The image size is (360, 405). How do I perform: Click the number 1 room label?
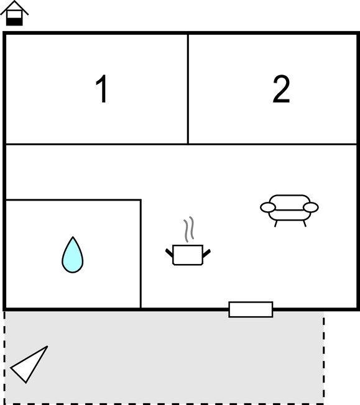pos(102,89)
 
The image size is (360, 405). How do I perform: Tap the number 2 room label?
pos(282,89)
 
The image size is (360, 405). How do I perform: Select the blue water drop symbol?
pos(73,255)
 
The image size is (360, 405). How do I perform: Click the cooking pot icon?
pos(188,255)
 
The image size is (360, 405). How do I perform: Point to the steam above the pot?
pos(189,229)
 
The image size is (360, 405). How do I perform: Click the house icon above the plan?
pos(14,13)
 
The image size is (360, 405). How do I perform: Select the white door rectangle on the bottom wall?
pos(251,309)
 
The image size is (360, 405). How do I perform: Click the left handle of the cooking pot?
pos(169,253)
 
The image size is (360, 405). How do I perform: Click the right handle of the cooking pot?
pos(206,253)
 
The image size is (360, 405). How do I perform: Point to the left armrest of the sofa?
pos(268,207)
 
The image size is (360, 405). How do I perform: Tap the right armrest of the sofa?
pos(311,207)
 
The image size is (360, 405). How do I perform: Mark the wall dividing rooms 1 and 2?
pos(188,89)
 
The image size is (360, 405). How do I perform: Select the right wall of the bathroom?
pos(141,254)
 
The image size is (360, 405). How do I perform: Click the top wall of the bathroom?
pos(73,199)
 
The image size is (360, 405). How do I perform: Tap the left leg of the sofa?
pos(276,224)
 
